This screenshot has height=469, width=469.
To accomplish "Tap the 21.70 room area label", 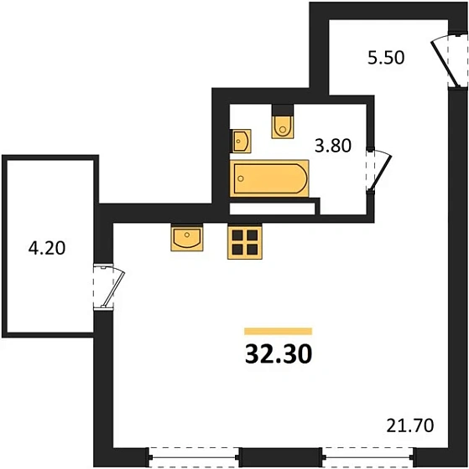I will point(410,425).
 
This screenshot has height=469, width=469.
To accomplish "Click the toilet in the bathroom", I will point(284,125).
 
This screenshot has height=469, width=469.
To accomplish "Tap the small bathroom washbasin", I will point(242,140).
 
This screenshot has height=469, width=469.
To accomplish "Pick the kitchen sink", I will point(187,239).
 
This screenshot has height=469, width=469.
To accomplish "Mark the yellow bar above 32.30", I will point(278,332).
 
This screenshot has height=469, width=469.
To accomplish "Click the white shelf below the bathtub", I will point(274,202).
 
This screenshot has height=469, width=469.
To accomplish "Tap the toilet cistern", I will point(283,112).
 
